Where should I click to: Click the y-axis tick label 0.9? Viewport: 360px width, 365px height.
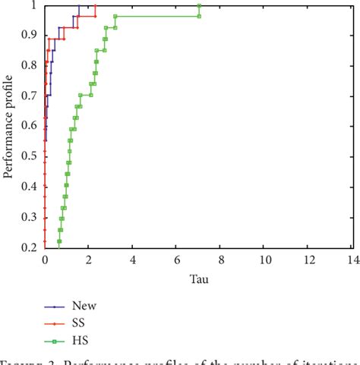pyautogui.click(x=30, y=35)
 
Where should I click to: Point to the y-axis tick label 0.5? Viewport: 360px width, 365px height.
pyautogui.click(x=30, y=156)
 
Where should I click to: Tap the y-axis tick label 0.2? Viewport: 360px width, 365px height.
pyautogui.click(x=30, y=247)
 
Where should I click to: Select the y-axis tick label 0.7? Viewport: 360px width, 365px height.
pyautogui.click(x=30, y=96)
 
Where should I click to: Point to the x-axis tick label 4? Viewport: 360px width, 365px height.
pyautogui.click(x=133, y=260)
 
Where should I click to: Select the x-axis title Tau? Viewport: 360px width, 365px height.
pyautogui.click(x=198, y=278)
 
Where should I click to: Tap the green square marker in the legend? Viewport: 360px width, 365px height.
pyautogui.click(x=52, y=339)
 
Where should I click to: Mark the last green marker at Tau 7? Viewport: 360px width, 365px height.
pyautogui.click(x=199, y=6)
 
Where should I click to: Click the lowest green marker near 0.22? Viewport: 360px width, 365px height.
pyautogui.click(x=58, y=241)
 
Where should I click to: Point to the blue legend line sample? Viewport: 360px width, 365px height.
pyautogui.click(x=52, y=306)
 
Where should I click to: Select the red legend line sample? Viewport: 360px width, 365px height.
pyautogui.click(x=52, y=323)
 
